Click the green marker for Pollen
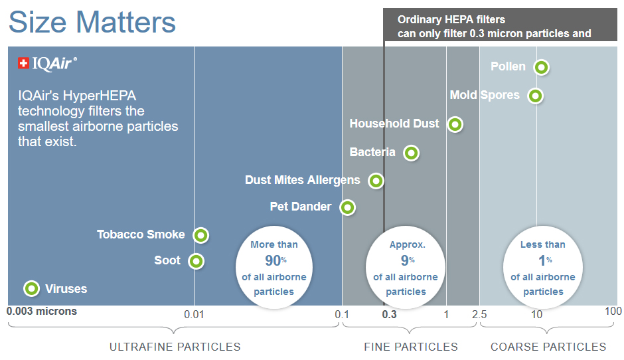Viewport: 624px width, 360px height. tap(541, 67)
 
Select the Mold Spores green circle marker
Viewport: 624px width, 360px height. tap(535, 96)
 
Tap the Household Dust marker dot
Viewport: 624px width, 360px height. tap(455, 124)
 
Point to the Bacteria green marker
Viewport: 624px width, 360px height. tap(411, 153)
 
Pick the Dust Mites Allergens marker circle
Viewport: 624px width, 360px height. tap(376, 181)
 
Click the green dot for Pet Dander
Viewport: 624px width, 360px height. tap(347, 207)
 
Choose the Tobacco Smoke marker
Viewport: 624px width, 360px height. tap(201, 235)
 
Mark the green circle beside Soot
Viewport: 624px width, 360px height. tap(196, 261)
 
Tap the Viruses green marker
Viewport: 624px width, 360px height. tap(31, 288)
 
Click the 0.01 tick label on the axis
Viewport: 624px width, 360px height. tap(194, 315)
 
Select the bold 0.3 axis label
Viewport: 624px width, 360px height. tap(389, 315)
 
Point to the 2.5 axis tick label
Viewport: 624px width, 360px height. tap(479, 315)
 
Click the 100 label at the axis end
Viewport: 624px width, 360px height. tap(613, 311)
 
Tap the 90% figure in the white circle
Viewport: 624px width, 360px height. tap(275, 260)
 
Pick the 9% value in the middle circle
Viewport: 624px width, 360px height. tap(408, 260)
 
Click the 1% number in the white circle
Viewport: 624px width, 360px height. tap(545, 260)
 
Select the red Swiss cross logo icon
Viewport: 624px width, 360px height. tap(23, 63)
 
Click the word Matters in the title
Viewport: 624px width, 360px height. tap(125, 22)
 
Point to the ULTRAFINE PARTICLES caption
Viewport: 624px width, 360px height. tap(175, 347)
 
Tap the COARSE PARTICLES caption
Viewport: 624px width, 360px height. tap(548, 347)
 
